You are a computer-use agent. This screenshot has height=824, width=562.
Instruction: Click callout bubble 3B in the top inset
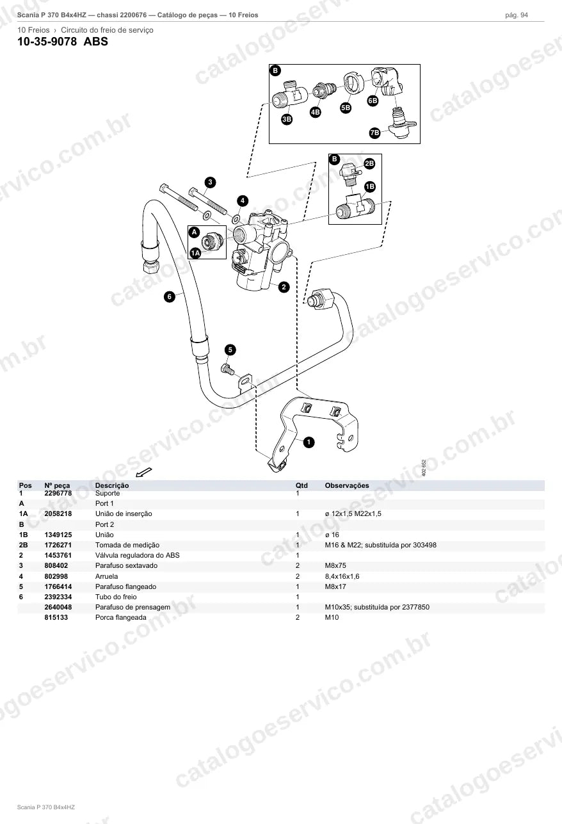click(287, 119)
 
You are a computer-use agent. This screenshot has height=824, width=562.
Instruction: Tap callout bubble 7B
click(374, 133)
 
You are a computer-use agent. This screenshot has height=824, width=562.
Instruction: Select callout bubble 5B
click(346, 108)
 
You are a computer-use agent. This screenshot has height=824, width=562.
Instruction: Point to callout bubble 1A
click(195, 253)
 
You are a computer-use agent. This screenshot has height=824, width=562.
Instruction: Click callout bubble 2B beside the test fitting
click(369, 164)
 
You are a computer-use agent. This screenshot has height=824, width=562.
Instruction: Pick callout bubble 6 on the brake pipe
click(169, 296)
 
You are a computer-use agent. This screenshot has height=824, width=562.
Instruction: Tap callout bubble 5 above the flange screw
click(230, 350)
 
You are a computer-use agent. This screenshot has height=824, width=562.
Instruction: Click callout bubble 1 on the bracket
click(309, 442)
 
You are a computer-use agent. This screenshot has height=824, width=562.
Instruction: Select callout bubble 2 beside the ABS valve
click(284, 287)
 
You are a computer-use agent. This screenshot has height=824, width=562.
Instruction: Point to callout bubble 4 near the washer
click(243, 201)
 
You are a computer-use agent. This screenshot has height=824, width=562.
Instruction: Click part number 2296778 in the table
click(58, 493)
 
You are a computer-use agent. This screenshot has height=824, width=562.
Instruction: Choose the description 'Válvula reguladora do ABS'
click(138, 555)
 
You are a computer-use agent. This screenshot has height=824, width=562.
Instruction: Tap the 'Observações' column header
click(347, 485)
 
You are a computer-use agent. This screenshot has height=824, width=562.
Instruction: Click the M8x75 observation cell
click(335, 565)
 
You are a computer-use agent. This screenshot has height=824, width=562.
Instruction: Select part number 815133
click(56, 617)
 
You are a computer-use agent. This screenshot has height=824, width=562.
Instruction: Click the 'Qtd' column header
click(301, 485)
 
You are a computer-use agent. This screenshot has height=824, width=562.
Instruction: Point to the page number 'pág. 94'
click(517, 15)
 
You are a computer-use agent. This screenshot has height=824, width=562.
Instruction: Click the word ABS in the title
click(95, 41)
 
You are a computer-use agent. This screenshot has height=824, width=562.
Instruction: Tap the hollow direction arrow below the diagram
click(143, 473)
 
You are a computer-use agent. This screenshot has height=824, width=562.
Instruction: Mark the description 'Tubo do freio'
click(116, 597)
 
